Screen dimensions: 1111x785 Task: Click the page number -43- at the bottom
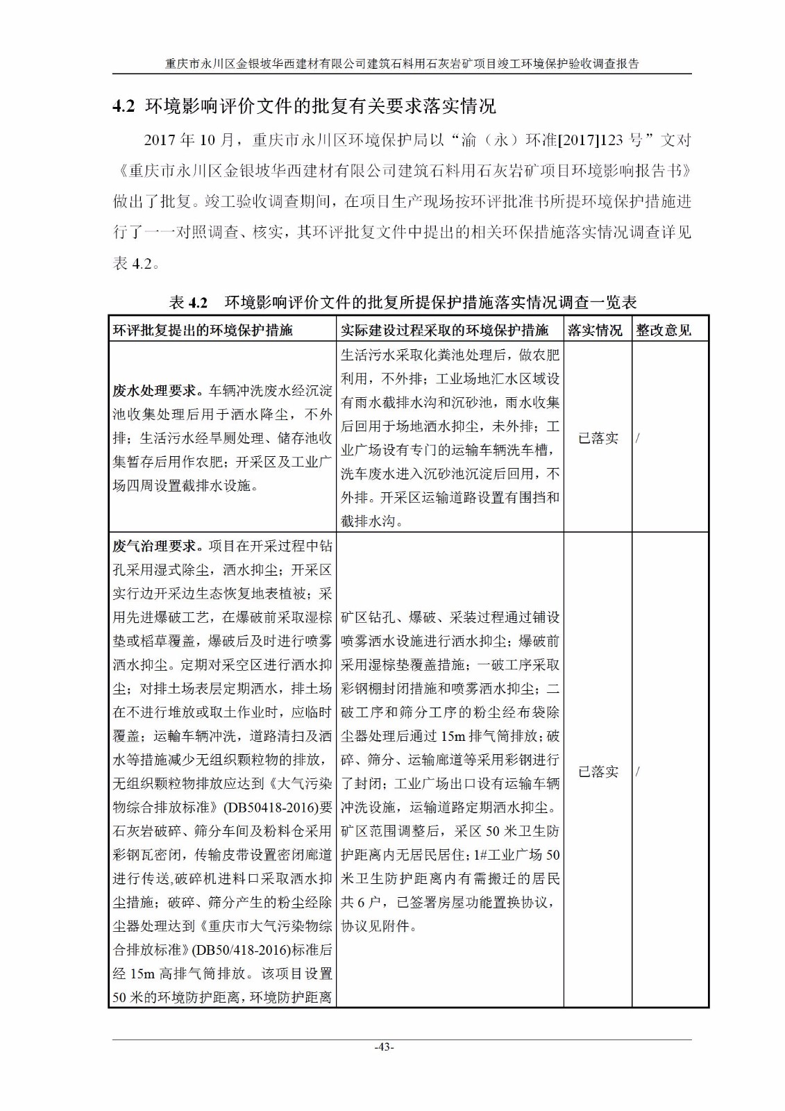point(384,1047)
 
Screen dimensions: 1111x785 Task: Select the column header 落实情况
point(595,331)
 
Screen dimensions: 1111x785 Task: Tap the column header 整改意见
point(663,331)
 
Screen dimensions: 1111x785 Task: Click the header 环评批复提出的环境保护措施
point(203,331)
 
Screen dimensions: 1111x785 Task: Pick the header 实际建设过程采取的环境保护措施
point(444,331)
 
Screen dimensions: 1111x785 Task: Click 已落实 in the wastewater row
point(598,438)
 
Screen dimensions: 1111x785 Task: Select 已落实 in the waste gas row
point(598,771)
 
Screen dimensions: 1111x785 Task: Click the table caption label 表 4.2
point(188,303)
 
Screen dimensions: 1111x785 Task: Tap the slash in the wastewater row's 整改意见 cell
point(637,438)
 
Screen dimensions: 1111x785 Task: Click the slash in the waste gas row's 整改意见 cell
point(637,771)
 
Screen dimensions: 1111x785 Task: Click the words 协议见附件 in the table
point(375,926)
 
